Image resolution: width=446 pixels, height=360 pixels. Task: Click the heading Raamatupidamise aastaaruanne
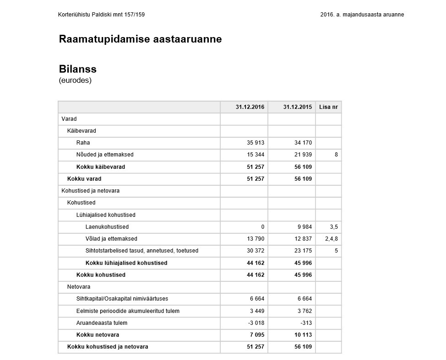140,39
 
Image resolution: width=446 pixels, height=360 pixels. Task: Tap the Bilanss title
77,69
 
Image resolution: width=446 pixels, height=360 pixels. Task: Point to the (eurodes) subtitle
75,81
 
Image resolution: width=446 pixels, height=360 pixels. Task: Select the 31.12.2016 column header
250,107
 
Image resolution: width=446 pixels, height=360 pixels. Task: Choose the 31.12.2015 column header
297,107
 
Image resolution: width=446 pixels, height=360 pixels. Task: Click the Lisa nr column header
328,107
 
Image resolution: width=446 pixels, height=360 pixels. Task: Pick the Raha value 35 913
256,143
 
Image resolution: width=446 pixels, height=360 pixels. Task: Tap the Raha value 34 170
303,143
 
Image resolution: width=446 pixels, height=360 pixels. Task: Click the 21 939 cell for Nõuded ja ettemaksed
303,155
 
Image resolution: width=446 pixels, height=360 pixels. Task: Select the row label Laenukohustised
107,227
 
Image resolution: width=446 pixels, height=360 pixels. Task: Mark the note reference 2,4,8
331,239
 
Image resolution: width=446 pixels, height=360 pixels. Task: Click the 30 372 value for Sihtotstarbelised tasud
256,251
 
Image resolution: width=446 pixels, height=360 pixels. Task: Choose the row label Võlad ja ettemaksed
111,239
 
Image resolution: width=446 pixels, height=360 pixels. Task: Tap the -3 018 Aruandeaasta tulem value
256,323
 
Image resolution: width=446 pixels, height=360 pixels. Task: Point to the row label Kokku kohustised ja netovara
108,347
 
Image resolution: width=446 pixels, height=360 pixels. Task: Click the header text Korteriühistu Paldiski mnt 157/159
102,15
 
